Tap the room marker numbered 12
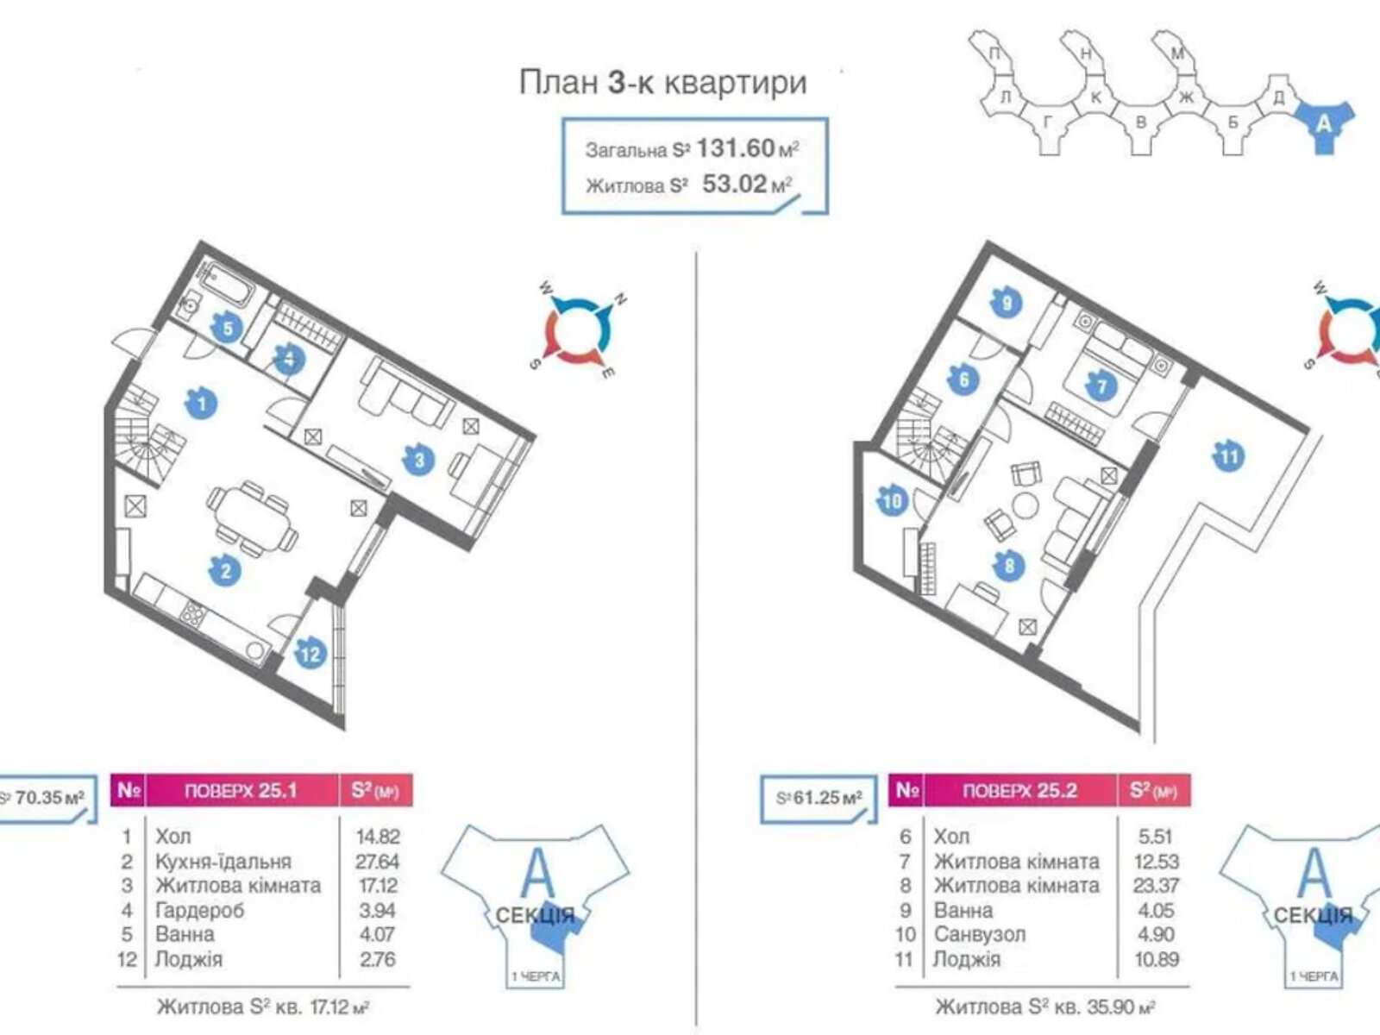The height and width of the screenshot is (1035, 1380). point(310,654)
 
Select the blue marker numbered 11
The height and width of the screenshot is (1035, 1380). point(1228,455)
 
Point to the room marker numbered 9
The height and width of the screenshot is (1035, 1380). point(1007,303)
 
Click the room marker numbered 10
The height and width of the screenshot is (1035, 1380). point(893,500)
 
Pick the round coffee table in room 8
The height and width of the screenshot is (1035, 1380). point(1027,506)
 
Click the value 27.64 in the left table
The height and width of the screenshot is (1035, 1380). point(378,861)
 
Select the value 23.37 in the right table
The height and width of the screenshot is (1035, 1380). point(1156,886)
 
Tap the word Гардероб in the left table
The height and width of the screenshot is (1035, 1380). point(200,910)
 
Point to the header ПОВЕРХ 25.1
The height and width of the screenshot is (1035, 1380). point(242,790)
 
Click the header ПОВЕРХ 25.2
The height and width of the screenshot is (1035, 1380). point(1020,790)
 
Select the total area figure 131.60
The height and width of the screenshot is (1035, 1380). point(735,148)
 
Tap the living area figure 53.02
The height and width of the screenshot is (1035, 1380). point(735,184)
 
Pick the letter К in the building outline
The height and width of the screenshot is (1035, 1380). point(1095,97)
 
